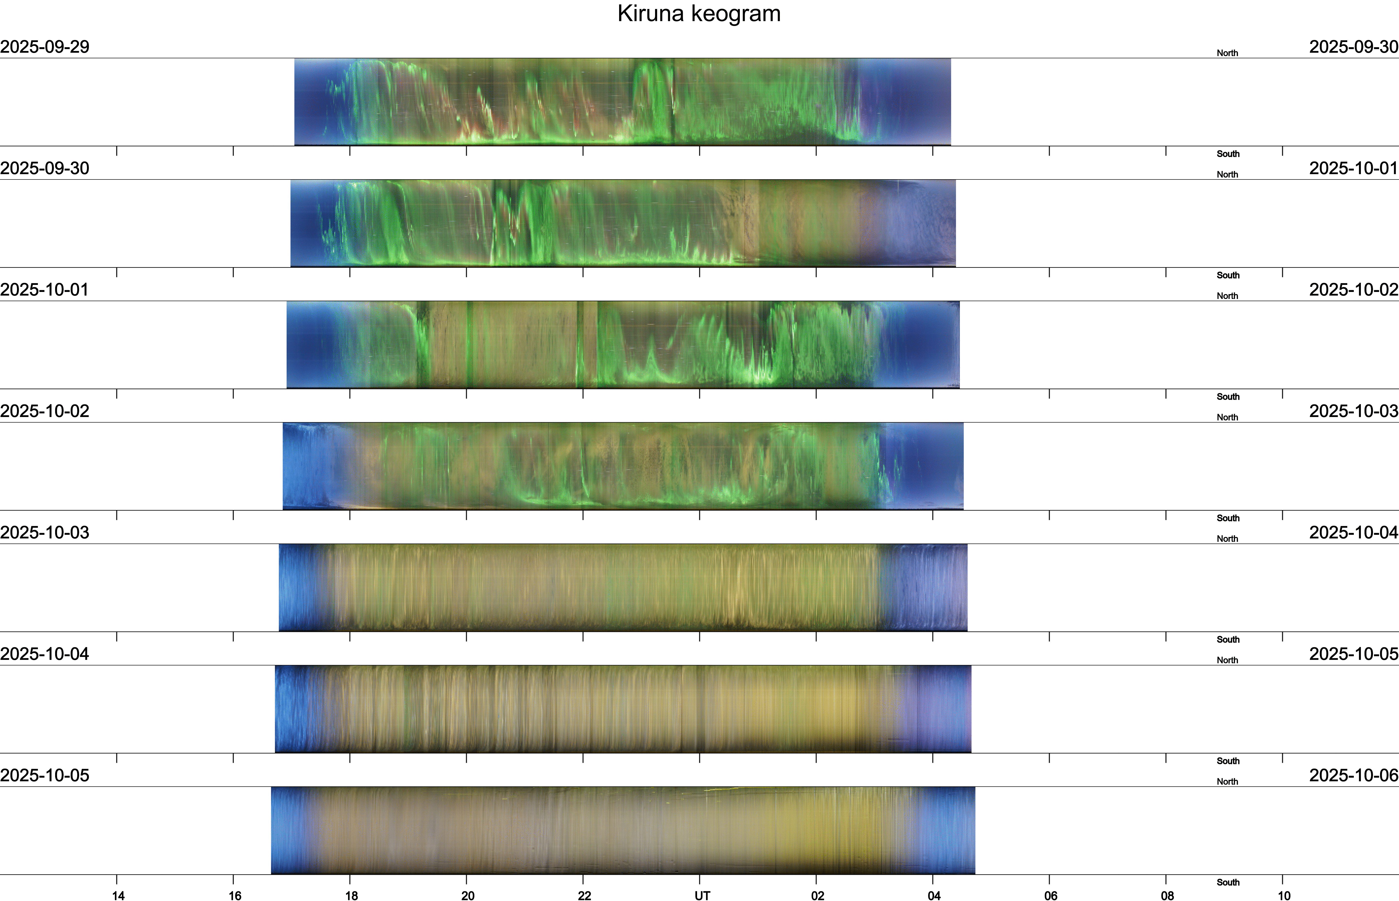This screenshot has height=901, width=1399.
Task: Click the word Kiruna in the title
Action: [x=650, y=13]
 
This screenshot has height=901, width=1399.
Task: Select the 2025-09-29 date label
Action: [x=44, y=47]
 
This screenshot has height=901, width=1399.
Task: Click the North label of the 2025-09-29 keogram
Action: [x=1227, y=53]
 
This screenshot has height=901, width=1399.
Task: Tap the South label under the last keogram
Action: [x=1228, y=882]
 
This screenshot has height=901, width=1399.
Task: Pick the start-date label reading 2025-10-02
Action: [x=44, y=411]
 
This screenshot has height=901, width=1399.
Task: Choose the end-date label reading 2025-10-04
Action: [x=1353, y=532]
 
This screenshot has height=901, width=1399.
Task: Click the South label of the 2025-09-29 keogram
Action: [x=1228, y=154]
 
